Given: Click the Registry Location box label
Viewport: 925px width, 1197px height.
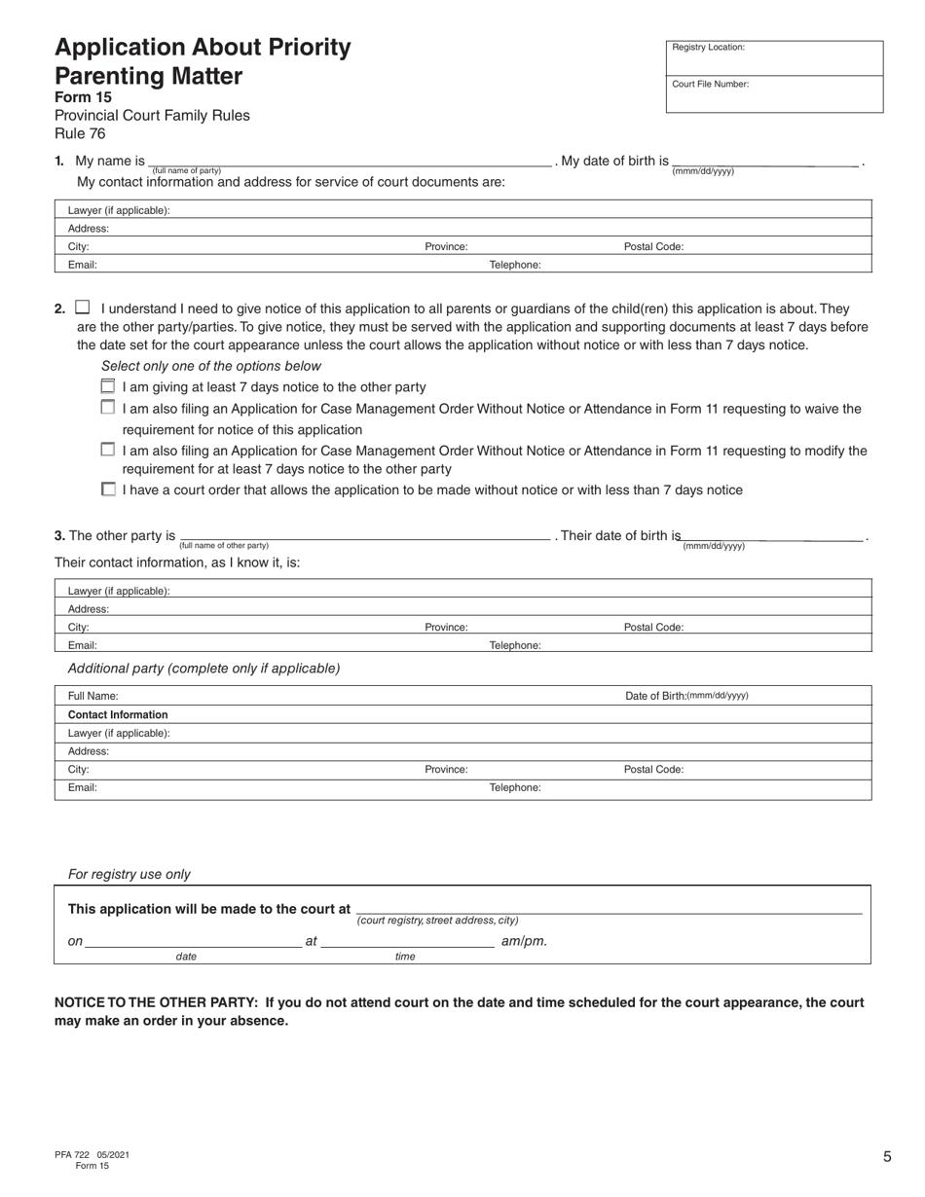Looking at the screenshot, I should (708, 47).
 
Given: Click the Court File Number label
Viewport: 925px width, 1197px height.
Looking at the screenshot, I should (710, 84).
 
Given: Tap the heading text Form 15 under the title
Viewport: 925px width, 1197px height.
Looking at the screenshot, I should (83, 97).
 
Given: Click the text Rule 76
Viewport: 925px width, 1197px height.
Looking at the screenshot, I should (80, 134).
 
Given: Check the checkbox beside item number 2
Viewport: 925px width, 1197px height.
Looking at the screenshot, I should (83, 308).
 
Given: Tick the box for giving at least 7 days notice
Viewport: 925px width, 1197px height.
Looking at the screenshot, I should (108, 386).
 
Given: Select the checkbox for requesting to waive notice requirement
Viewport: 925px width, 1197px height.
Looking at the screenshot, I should (108, 408).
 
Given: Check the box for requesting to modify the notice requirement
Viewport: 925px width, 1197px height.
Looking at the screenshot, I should (108, 450).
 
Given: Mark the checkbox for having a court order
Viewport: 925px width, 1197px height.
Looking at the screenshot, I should (108, 490).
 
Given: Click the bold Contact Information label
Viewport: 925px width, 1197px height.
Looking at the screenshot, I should (118, 714).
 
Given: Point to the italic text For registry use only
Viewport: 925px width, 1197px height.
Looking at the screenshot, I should (129, 875).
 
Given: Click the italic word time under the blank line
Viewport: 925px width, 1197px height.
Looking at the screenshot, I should (405, 957).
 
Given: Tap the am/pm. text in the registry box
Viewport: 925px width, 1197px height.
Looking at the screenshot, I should (524, 941).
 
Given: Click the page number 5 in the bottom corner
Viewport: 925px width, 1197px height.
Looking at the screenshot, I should (887, 1157).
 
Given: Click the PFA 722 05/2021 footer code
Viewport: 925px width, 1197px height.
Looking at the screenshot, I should (92, 1154).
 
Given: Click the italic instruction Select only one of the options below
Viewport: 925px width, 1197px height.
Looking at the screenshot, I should (210, 366).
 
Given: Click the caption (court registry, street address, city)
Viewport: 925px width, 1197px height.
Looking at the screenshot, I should (437, 920).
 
